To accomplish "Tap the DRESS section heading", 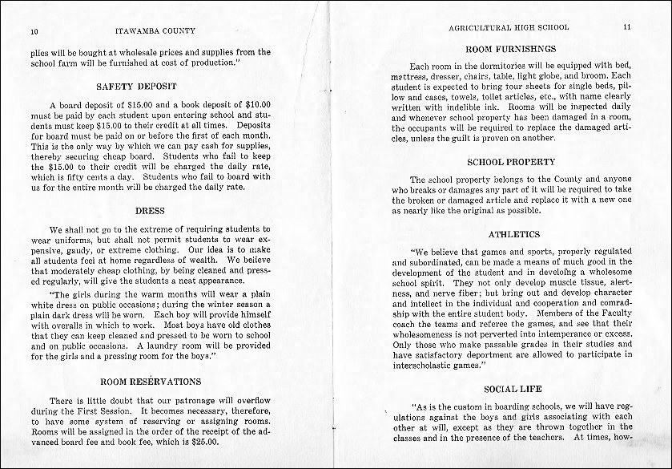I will [x=150, y=211].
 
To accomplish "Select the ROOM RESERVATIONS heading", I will [x=150, y=382].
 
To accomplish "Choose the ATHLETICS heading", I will [x=513, y=234].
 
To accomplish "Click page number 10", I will [x=34, y=32].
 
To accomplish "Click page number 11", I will [x=626, y=26].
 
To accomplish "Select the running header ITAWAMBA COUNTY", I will [x=153, y=31].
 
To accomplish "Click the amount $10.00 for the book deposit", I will [x=255, y=105].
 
